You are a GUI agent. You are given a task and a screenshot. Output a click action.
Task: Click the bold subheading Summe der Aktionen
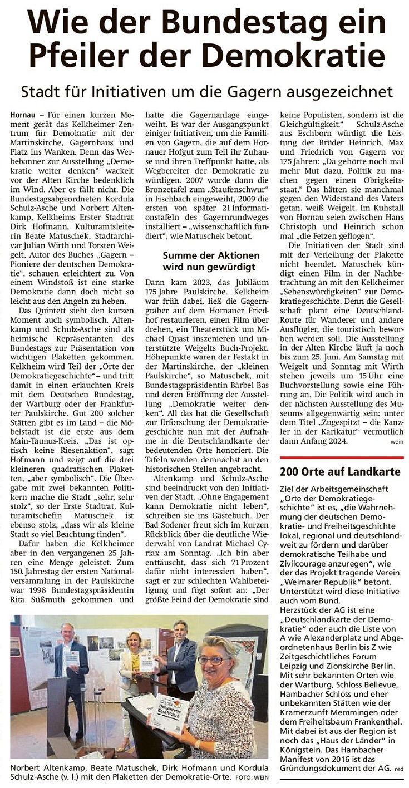[211, 255]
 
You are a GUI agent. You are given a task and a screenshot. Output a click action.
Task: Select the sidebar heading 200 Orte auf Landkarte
[339, 472]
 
